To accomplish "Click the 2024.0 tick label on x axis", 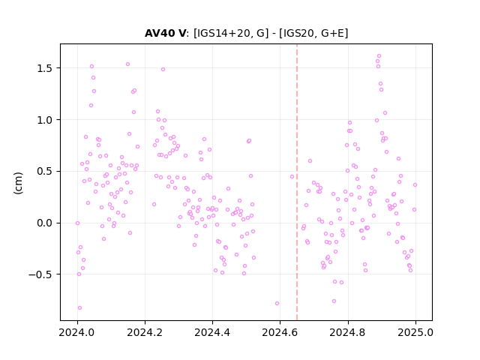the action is tap(77, 332).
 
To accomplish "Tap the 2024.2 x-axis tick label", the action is tap(145, 332).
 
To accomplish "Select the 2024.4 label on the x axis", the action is tap(212, 332).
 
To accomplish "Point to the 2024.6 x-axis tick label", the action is tap(280, 332).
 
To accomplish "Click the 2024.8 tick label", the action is tap(348, 332).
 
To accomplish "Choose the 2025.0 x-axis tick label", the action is tap(415, 332).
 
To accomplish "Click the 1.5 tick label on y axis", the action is tap(45, 68).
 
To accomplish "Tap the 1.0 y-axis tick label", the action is tap(45, 120).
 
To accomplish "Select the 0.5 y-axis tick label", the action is tap(45, 172).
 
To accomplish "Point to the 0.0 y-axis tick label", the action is tap(45, 223).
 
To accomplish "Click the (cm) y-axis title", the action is tap(18, 183).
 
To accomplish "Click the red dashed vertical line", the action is tap(297, 182).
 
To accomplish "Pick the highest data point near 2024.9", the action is tap(379, 56).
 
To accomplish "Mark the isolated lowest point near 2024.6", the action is tap(277, 303).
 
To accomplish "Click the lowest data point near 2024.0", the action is tap(79, 308).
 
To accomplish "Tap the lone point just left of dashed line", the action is tap(292, 177).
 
